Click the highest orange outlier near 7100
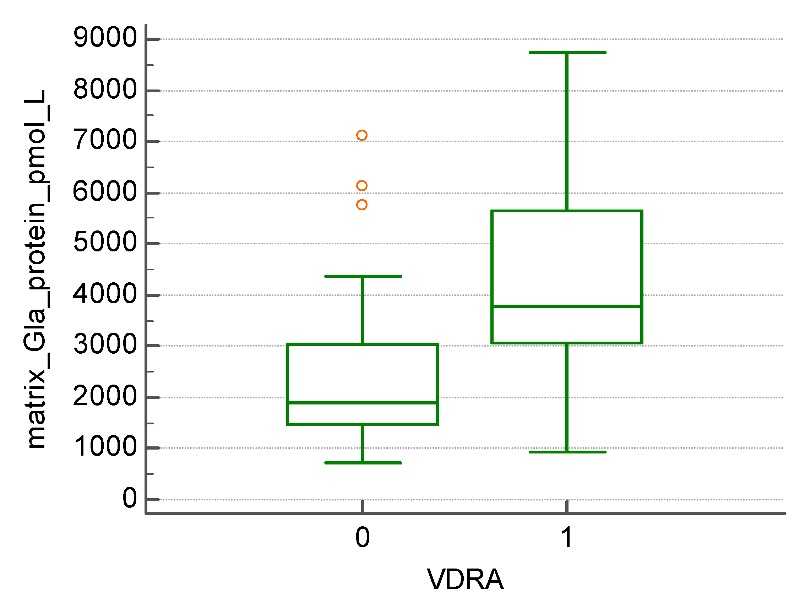(x=362, y=135)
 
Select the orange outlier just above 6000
(x=362, y=186)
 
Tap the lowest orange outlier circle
(x=362, y=205)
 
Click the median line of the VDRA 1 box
(x=567, y=306)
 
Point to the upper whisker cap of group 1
(x=567, y=53)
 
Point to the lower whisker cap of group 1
(x=567, y=452)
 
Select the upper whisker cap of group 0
(x=363, y=276)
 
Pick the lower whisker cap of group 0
(x=363, y=463)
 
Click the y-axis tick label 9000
(x=105, y=38)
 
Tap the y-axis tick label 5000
(x=105, y=242)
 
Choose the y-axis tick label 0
(x=130, y=499)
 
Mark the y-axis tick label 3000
(x=105, y=344)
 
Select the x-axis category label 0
(x=362, y=537)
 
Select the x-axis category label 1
(x=566, y=537)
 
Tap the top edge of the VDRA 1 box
(x=567, y=211)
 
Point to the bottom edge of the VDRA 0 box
(x=363, y=424)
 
